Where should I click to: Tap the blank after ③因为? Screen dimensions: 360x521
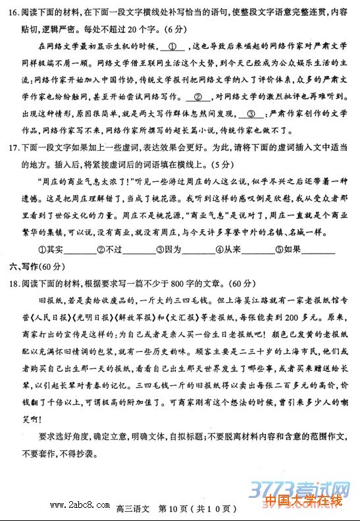point(198,249)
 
